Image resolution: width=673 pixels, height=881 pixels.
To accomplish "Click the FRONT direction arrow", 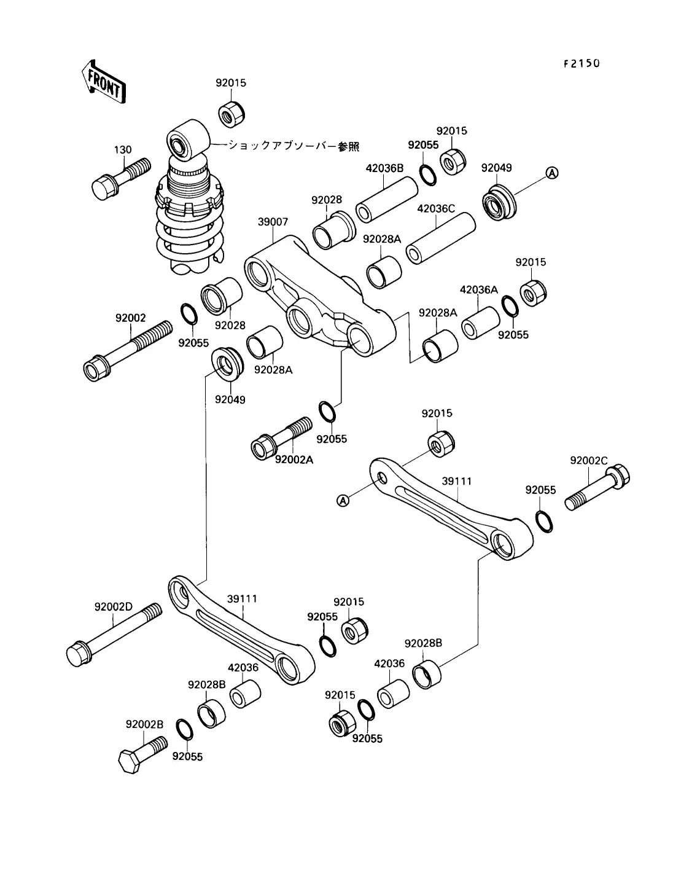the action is tap(104, 82).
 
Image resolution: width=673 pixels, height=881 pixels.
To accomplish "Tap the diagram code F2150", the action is tap(582, 63).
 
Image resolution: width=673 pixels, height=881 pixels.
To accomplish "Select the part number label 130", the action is tap(123, 150).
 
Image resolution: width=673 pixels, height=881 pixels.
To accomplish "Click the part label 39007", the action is tap(273, 222).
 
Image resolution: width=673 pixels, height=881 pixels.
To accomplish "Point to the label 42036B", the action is tap(384, 168).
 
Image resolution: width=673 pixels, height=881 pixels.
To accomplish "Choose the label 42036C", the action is tap(436, 209).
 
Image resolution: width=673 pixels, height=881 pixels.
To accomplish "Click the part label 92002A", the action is tap(294, 460).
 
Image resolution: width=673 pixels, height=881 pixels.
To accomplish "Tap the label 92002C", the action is tap(589, 461).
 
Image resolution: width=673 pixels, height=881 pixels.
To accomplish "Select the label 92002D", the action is tap(113, 607).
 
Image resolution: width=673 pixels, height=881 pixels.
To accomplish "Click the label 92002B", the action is tap(144, 724).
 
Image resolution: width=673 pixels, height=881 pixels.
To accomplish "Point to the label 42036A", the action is tap(478, 290).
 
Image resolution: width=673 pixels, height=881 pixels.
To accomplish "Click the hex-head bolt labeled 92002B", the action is tap(143, 754).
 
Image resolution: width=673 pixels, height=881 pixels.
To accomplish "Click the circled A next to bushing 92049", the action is tap(552, 173).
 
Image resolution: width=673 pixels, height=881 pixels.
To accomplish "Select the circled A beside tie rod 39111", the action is tap(343, 501).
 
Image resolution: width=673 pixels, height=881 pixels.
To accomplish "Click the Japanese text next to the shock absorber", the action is tap(294, 146).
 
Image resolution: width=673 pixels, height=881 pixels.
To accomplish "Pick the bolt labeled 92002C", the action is tap(597, 487).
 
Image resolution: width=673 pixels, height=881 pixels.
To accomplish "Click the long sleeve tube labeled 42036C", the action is tap(440, 238).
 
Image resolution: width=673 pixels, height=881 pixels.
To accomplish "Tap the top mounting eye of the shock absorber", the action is tap(188, 139).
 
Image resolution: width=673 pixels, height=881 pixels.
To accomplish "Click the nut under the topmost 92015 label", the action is tap(231, 114).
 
